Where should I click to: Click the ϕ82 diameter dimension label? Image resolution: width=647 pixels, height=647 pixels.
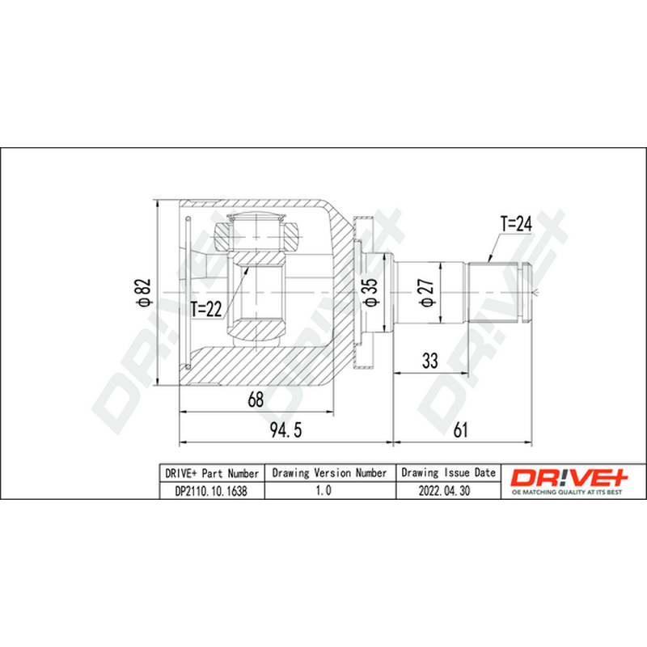(x=145, y=293)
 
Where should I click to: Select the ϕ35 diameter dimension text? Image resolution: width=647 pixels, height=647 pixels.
(x=370, y=293)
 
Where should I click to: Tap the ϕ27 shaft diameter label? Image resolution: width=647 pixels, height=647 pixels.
(x=427, y=293)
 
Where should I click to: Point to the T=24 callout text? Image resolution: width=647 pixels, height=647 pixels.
(x=516, y=224)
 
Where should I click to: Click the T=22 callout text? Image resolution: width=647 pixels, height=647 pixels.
(x=206, y=309)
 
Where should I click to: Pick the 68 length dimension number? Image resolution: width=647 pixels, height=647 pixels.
(x=256, y=400)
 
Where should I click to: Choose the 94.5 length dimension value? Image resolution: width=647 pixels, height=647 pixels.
(x=286, y=430)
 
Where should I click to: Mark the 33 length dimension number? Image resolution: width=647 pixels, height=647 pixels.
(x=430, y=361)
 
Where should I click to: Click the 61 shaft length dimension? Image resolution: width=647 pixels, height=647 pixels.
(x=460, y=430)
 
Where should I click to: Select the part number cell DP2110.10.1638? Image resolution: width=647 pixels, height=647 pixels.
(x=211, y=491)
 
